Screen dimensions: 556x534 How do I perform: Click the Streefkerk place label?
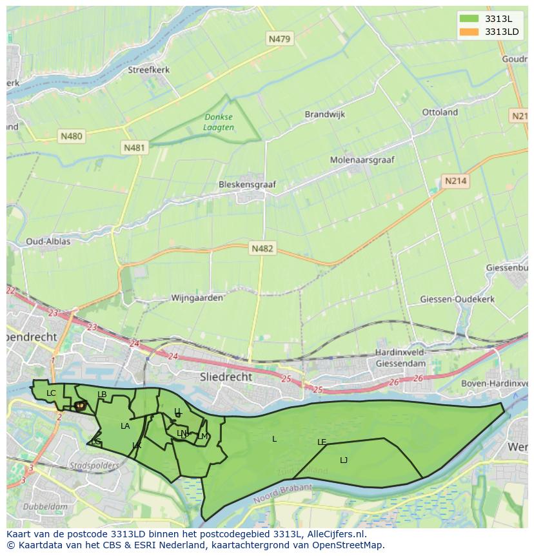click(148, 70)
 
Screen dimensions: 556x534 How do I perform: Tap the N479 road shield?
click(279, 39)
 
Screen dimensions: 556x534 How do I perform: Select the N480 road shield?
click(71, 136)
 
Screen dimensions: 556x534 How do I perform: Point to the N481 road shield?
click(134, 148)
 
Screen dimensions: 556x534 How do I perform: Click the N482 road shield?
click(262, 249)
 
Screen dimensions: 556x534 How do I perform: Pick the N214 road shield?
click(455, 181)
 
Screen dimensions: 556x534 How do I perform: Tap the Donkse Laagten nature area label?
click(219, 122)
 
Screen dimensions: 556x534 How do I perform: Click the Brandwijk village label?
click(325, 114)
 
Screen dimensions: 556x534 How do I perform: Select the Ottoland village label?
click(440, 112)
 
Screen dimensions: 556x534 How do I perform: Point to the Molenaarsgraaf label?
click(362, 160)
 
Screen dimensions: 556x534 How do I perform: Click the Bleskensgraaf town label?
click(247, 184)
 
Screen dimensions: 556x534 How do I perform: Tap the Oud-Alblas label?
click(48, 242)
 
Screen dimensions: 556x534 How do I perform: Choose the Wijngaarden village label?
click(197, 298)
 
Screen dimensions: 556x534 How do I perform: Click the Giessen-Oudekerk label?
click(457, 299)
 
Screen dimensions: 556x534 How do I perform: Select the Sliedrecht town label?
click(226, 376)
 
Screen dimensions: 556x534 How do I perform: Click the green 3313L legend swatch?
click(468, 19)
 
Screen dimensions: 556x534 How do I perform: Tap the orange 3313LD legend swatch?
click(468, 32)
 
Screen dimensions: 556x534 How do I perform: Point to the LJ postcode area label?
click(344, 460)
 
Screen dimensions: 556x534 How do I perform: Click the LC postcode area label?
click(52, 393)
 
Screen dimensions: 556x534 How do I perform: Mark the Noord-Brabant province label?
click(282, 494)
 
